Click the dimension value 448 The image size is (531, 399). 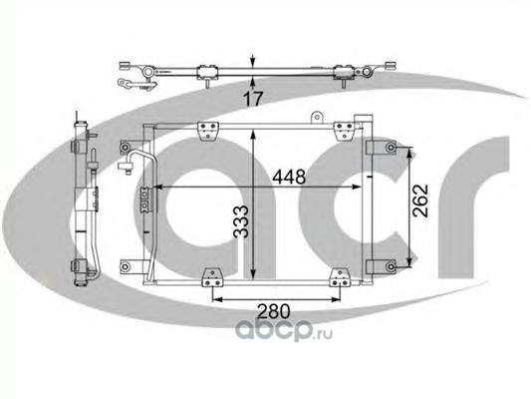[289, 177]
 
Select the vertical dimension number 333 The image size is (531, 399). [242, 221]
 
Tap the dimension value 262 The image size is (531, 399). [420, 200]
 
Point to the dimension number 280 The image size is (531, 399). [274, 311]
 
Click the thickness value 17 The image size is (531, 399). [253, 99]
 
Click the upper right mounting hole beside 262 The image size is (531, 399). [392, 148]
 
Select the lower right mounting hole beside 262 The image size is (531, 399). [392, 266]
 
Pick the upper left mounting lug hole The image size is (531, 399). [125, 148]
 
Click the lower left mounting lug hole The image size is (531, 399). [125, 266]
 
